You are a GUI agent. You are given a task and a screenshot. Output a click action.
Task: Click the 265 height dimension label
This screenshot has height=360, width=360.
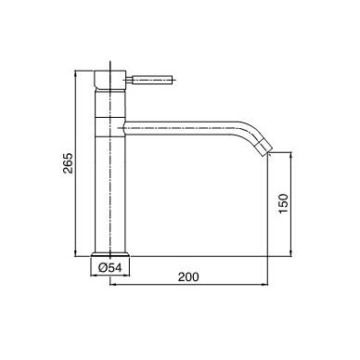(68, 163)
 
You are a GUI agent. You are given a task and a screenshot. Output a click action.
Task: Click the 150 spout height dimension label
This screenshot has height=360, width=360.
(283, 203)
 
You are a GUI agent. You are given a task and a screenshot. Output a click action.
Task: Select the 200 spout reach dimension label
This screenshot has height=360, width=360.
(188, 276)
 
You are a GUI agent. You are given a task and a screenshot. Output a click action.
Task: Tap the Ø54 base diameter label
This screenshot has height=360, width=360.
(110, 267)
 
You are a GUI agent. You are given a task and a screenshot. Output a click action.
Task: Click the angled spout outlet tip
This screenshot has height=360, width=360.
(265, 148)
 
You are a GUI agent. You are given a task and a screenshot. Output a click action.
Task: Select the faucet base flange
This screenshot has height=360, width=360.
(110, 254)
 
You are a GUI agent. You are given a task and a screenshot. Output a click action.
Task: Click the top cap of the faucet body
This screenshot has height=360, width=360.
(109, 81)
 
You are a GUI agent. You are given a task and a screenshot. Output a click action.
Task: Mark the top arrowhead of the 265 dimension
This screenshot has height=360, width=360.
(75, 73)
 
